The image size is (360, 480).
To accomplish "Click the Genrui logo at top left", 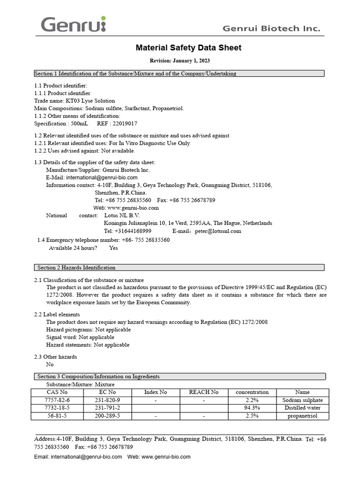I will pyautogui.click(x=74, y=24).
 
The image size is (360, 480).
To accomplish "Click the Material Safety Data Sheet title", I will pyautogui.click(x=188, y=48).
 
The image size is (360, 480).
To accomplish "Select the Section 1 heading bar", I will pyautogui.click(x=179, y=74).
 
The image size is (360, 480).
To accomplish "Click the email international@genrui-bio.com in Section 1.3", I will pyautogui.click(x=102, y=178).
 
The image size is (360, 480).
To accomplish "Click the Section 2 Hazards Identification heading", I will pyautogui.click(x=76, y=268).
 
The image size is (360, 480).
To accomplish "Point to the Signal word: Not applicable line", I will pyautogui.click(x=80, y=337).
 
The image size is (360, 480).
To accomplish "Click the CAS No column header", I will pyautogui.click(x=57, y=392).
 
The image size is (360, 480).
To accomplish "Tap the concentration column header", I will pyautogui.click(x=252, y=392).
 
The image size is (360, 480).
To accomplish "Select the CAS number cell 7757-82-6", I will pyautogui.click(x=57, y=400).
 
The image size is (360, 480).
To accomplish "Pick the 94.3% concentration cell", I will pyautogui.click(x=252, y=408).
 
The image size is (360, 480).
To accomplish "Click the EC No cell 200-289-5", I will pyautogui.click(x=107, y=416).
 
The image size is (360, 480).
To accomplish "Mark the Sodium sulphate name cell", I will pyautogui.click(x=302, y=400).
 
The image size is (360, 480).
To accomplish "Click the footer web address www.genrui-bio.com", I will pyautogui.click(x=166, y=457).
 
